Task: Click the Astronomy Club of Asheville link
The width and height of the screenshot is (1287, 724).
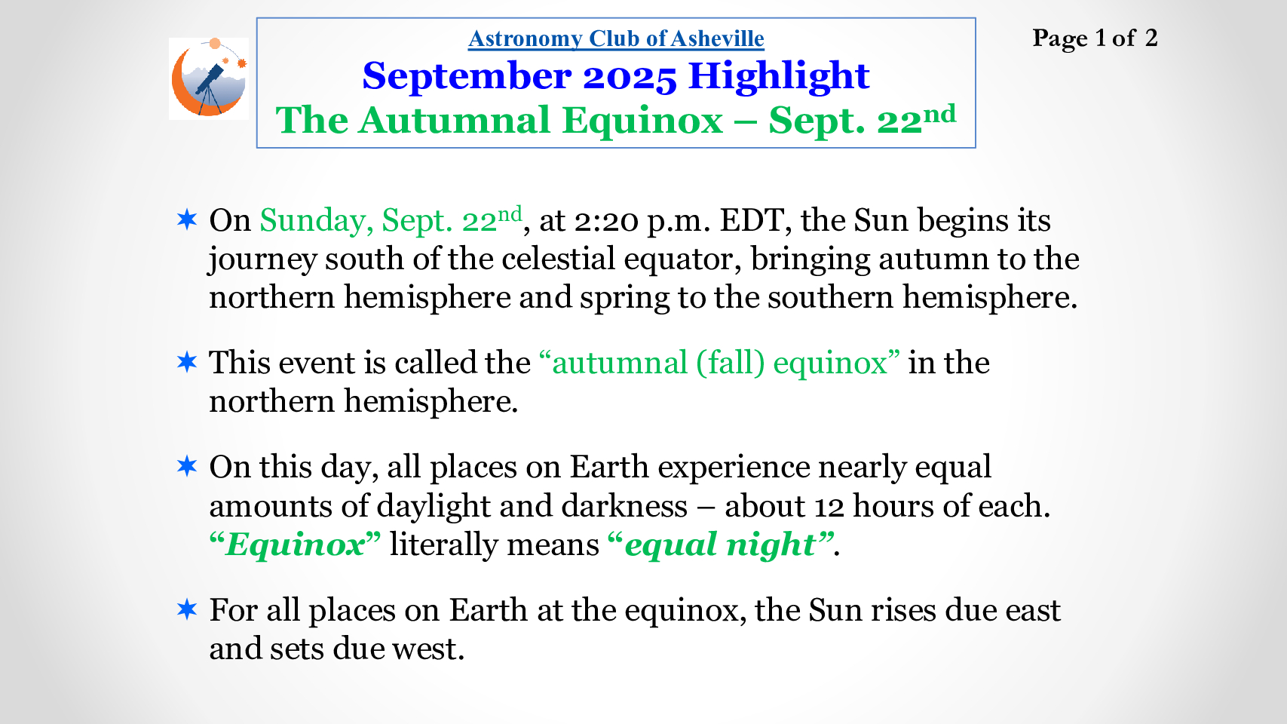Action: (x=616, y=38)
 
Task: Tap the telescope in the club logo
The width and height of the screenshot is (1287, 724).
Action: (x=209, y=86)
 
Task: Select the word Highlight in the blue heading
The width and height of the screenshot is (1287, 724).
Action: (x=779, y=76)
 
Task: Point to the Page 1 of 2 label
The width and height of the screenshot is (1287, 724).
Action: (x=1095, y=38)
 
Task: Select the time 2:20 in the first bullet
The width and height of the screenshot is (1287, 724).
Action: (x=606, y=221)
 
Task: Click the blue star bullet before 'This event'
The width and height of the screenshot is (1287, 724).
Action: (x=187, y=362)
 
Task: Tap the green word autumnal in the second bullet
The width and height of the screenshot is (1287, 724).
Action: (x=619, y=364)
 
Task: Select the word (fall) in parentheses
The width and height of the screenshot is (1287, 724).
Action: (x=731, y=364)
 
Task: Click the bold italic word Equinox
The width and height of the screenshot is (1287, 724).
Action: (x=296, y=545)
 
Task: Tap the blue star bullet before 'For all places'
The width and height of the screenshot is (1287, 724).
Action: (x=187, y=609)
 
